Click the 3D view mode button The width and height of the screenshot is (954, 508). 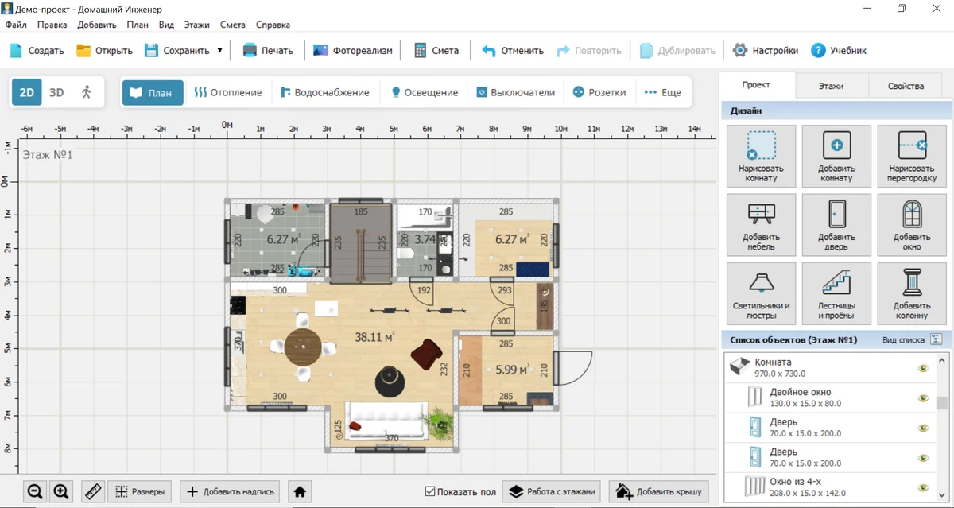pyautogui.click(x=56, y=92)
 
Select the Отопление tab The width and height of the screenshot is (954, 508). pyautogui.click(x=228, y=92)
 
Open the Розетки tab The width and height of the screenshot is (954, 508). pyautogui.click(x=599, y=92)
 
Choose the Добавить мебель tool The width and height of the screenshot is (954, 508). pyautogui.click(x=761, y=225)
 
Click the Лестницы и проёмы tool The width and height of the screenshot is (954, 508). pyautogui.click(x=836, y=294)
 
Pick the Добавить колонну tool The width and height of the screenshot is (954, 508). pyautogui.click(x=911, y=294)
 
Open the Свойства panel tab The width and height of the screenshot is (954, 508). pyautogui.click(x=906, y=86)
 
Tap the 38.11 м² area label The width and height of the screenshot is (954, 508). pyautogui.click(x=374, y=337)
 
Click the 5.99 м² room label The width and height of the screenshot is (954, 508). pyautogui.click(x=512, y=369)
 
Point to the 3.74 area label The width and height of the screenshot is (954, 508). pyautogui.click(x=425, y=239)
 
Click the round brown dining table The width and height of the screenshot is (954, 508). pyautogui.click(x=303, y=347)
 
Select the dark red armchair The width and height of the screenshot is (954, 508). pyautogui.click(x=426, y=355)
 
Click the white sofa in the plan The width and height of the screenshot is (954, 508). pyautogui.click(x=387, y=421)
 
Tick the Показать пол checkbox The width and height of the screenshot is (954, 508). pyautogui.click(x=430, y=491)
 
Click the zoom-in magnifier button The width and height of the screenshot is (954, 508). pyautogui.click(x=61, y=492)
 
